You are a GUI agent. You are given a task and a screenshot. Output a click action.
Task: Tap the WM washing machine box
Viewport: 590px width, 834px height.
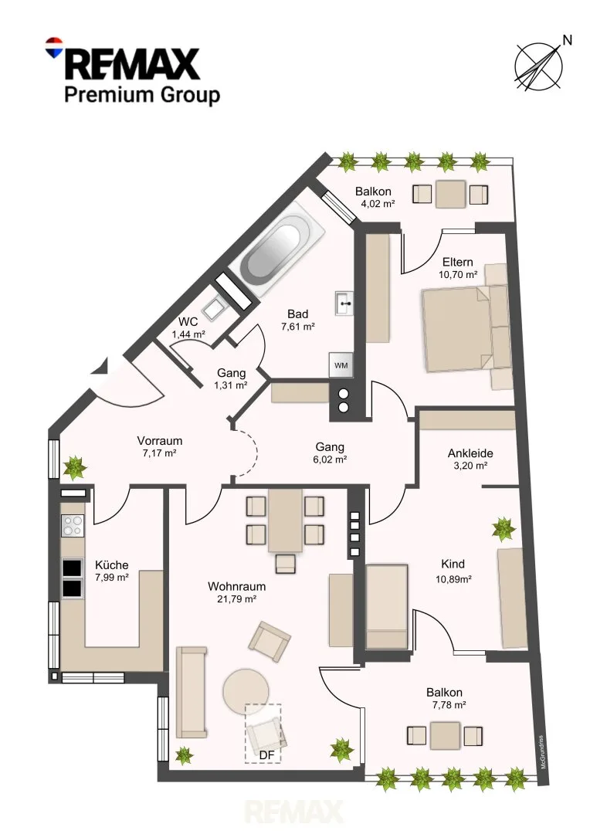point(341,365)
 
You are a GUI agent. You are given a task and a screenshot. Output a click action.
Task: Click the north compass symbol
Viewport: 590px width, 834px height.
point(539,65)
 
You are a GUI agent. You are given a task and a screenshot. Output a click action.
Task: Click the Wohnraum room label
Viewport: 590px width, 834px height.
point(237,587)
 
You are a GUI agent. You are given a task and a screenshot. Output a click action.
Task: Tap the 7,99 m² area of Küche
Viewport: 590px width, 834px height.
point(112,578)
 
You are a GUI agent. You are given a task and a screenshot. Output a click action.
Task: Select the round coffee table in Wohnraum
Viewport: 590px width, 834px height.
point(246,691)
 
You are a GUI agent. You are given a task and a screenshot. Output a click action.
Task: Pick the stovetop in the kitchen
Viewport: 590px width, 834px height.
point(73,526)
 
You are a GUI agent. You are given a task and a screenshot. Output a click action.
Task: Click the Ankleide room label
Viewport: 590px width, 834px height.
point(470,453)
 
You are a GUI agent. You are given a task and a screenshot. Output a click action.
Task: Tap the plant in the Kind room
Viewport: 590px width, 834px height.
point(503,529)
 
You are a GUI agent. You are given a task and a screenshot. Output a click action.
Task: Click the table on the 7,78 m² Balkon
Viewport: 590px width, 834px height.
point(446,736)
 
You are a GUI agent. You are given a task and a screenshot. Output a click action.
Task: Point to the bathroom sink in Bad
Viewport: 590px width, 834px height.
point(344,303)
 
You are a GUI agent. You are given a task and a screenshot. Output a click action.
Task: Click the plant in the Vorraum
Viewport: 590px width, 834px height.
point(74,468)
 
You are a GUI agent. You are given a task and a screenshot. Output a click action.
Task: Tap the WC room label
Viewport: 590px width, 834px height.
point(188,322)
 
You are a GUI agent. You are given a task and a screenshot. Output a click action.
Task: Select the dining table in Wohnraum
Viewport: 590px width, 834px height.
point(285,520)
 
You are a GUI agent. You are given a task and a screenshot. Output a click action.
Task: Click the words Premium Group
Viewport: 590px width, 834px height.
point(142,96)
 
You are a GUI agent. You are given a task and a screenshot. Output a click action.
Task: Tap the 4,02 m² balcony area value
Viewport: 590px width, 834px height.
point(378,204)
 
